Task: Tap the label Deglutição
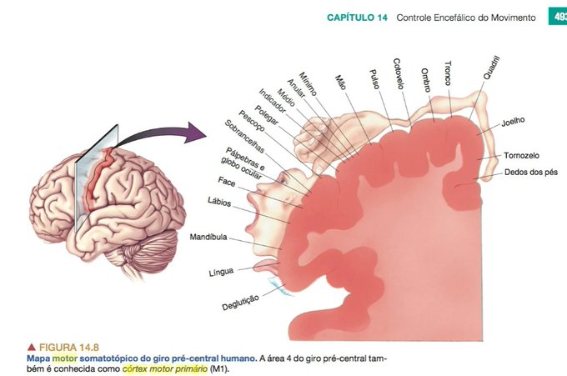241,300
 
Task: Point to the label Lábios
219,201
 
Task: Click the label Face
227,180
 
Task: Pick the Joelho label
513,122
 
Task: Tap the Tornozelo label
521,156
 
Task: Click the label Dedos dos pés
531,173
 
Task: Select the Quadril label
492,68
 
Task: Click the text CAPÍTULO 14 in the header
357,18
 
